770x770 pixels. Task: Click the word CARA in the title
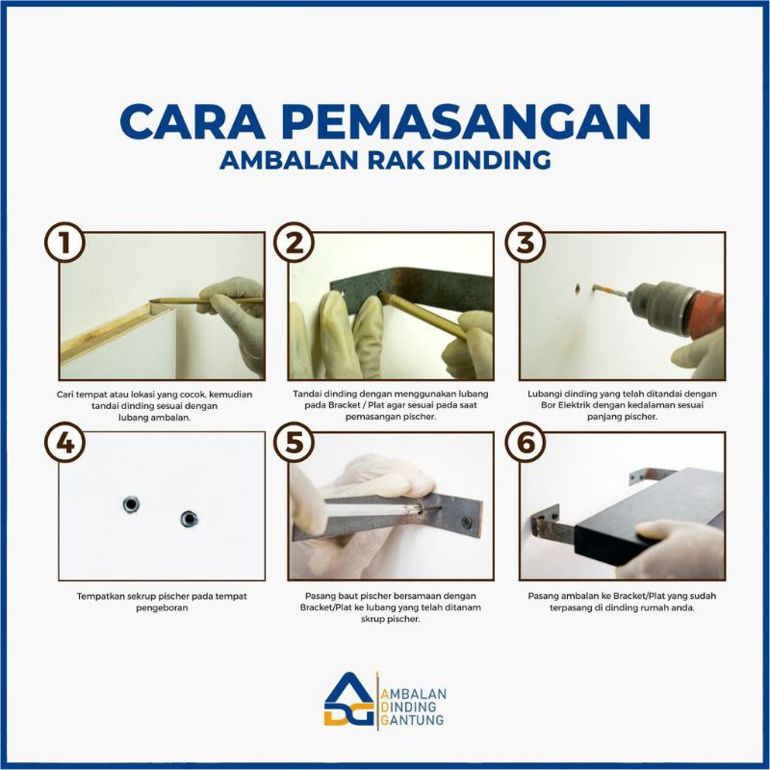[192, 121]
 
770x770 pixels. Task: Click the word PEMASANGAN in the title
[466, 121]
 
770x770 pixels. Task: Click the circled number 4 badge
[65, 443]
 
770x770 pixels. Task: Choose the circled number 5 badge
[294, 443]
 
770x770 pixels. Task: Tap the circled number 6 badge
[526, 443]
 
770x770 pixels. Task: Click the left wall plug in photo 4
[131, 504]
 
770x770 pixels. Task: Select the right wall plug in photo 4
[189, 519]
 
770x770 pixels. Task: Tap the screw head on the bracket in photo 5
[466, 522]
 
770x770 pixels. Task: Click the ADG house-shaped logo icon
[350, 700]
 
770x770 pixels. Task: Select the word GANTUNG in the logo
[413, 720]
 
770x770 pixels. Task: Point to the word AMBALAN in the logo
[414, 693]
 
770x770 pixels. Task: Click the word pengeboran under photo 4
[162, 608]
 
